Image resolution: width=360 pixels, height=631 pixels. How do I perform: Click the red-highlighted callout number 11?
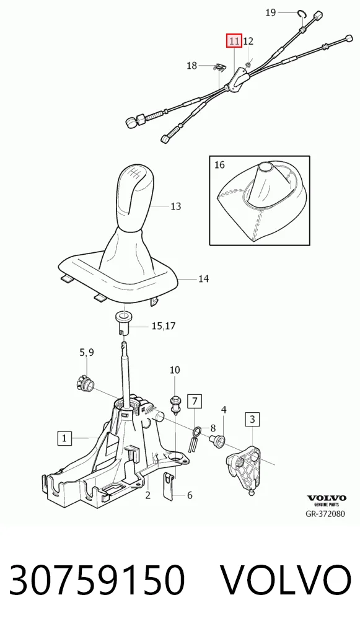pyautogui.click(x=234, y=41)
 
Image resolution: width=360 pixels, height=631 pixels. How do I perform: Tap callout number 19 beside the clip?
pyautogui.click(x=271, y=13)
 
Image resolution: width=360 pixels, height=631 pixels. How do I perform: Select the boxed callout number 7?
pyautogui.click(x=195, y=401)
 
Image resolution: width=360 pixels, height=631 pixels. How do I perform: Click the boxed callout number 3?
pyautogui.click(x=252, y=420)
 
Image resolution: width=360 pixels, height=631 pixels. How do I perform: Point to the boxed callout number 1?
pyautogui.click(x=65, y=438)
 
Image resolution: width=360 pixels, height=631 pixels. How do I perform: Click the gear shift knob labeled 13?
pyautogui.click(x=135, y=198)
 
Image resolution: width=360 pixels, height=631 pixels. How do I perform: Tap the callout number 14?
pyautogui.click(x=203, y=278)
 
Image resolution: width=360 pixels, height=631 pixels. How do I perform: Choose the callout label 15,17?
pyautogui.click(x=164, y=325)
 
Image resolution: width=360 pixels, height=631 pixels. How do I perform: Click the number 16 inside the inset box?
pyautogui.click(x=219, y=165)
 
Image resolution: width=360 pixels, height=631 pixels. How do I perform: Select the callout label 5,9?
pyautogui.click(x=87, y=353)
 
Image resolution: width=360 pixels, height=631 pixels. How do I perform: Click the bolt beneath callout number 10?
pyautogui.click(x=175, y=404)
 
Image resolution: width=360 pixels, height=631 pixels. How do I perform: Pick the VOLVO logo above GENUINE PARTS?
pyautogui.click(x=327, y=498)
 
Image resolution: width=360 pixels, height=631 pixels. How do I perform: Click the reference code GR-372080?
pyautogui.click(x=326, y=513)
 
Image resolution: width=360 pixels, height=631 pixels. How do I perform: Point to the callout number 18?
pyautogui.click(x=192, y=65)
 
